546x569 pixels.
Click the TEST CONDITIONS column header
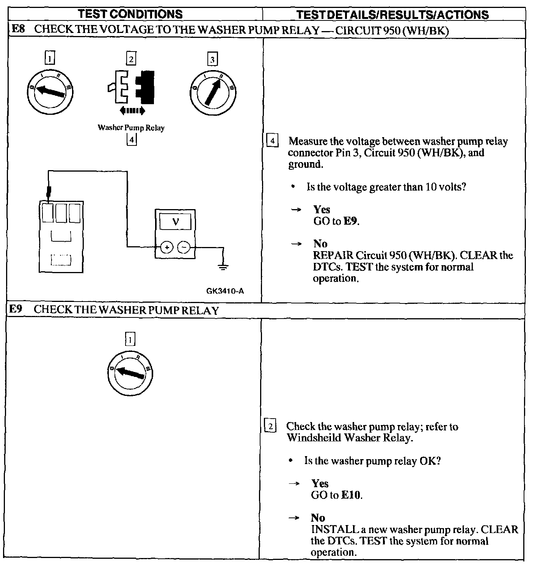click(x=130, y=14)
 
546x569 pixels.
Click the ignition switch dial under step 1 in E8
click(x=50, y=91)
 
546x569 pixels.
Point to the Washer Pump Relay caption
click(x=131, y=128)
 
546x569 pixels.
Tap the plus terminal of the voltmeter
click(x=166, y=248)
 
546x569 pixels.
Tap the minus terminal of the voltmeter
click(x=184, y=248)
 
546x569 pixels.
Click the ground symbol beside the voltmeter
click(x=223, y=267)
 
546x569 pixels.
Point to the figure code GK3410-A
click(x=225, y=291)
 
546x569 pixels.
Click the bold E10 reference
click(x=351, y=495)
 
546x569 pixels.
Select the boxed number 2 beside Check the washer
click(x=270, y=426)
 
